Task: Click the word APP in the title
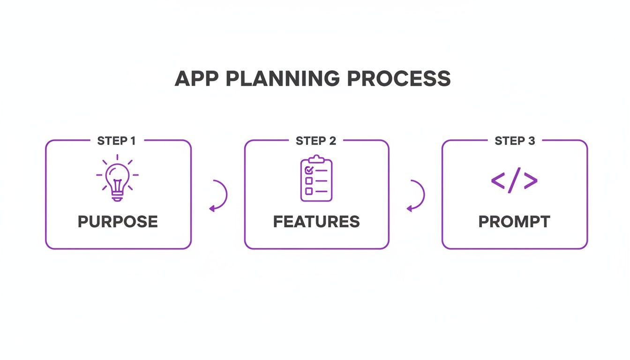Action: pos(196,79)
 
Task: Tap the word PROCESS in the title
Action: pos(399,79)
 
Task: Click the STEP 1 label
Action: pos(117,141)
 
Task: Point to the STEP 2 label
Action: pos(316,141)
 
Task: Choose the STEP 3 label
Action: pos(515,141)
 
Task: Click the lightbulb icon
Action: pos(117,180)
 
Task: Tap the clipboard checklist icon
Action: pos(316,179)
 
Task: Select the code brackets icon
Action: pos(514,180)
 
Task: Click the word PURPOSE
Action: pos(118,222)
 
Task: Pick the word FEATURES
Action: pos(316,222)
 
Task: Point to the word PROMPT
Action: pos(514,222)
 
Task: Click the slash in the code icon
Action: pos(514,180)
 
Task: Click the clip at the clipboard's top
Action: pos(316,158)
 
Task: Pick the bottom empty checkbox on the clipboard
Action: pos(309,191)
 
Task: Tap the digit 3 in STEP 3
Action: pos(531,141)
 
